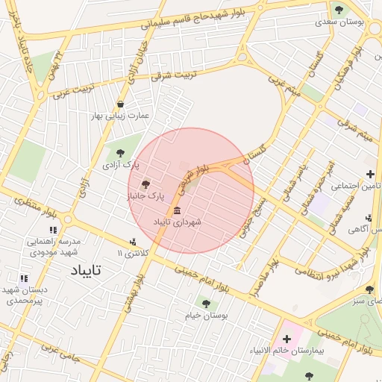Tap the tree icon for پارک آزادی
[121, 153]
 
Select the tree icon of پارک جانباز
[145, 184]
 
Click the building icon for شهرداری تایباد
[177, 210]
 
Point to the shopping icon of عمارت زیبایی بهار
[121, 104]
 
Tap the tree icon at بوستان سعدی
[339, 10]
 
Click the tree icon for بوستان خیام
[206, 304]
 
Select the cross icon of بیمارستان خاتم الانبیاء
[286, 339]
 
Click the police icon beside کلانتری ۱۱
[133, 242]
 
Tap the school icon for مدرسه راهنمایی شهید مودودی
[53, 231]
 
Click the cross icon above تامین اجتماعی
[370, 174]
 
